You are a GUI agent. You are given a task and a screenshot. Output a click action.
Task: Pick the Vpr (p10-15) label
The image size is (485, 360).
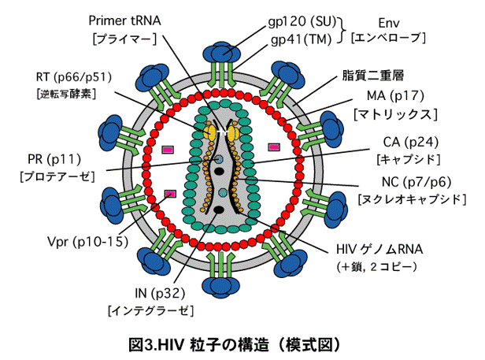coord(86,241)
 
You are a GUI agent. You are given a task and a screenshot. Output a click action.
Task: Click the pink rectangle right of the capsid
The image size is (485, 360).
coord(274,147)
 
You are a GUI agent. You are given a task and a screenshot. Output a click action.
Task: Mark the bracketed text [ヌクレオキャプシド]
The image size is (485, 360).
coord(409,199)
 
